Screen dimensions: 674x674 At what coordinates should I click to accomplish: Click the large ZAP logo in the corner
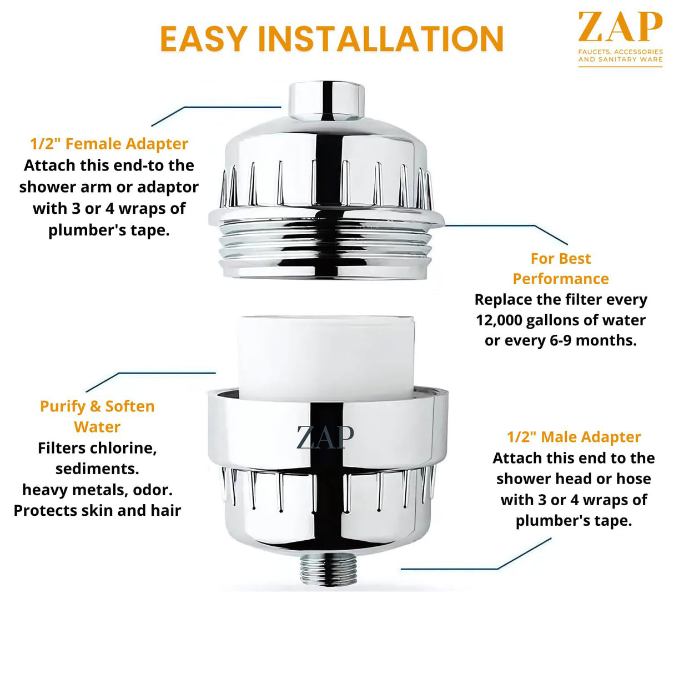620,28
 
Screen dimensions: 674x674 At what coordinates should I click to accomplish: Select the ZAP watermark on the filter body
325,437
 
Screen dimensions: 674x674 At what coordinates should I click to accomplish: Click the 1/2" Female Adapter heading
109,144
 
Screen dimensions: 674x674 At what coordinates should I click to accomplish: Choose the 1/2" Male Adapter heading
574,437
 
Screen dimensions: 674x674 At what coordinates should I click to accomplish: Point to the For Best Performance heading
561,269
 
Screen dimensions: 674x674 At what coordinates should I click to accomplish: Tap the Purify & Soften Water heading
97,416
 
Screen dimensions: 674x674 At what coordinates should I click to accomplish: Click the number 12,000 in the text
499,320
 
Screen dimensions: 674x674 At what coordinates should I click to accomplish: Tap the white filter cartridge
326,355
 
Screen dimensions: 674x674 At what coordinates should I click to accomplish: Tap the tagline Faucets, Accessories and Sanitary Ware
620,56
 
